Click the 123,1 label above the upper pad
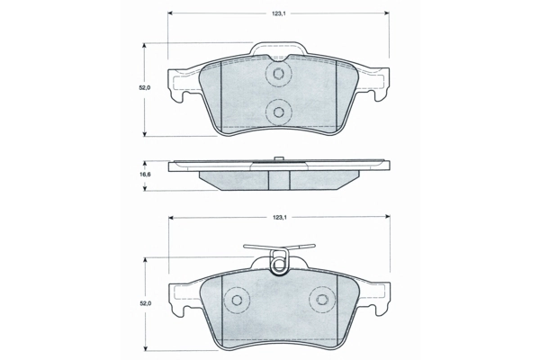point(279,13)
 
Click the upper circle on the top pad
point(279,75)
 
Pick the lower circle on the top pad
point(279,112)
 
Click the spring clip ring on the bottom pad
point(279,264)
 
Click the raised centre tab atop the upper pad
point(279,49)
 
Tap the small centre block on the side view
point(279,160)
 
